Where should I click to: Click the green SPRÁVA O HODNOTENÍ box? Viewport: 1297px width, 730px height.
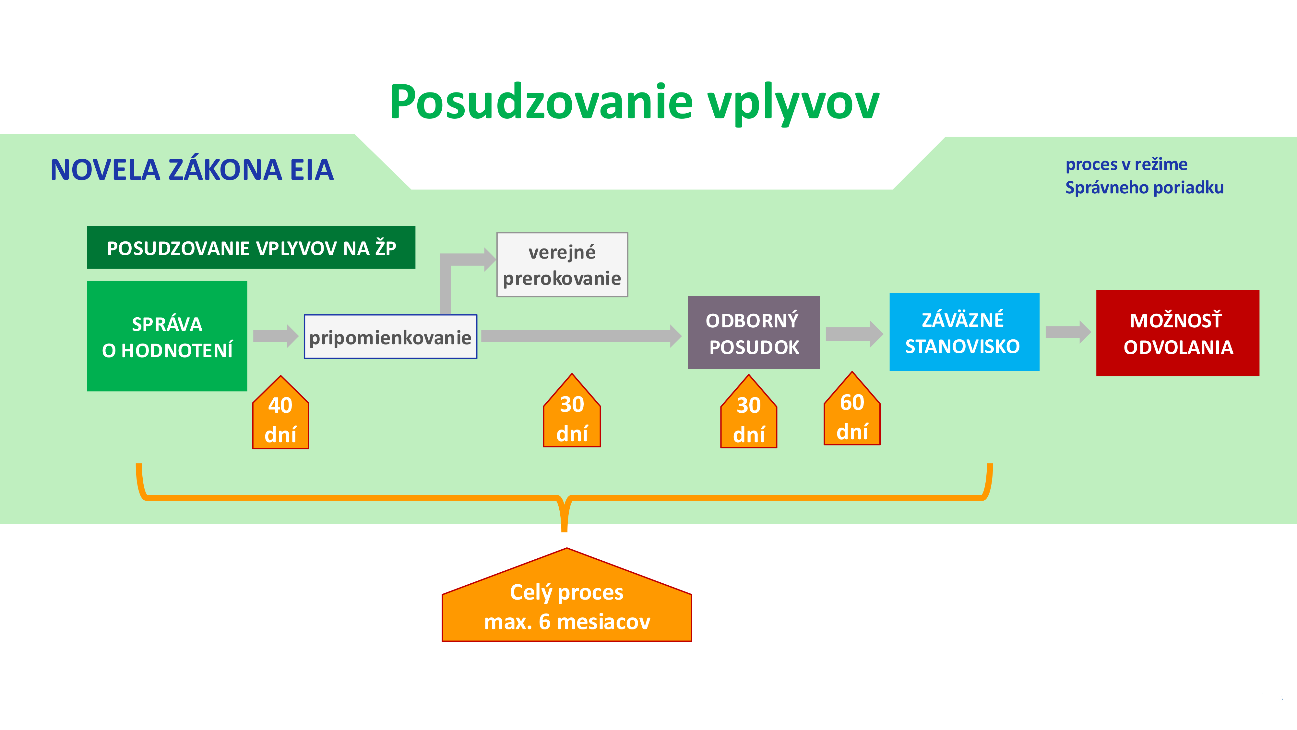coord(167,336)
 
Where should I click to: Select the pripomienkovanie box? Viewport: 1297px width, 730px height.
coord(390,336)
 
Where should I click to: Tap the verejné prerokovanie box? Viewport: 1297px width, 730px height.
coord(562,264)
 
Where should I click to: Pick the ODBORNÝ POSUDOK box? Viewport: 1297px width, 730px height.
coord(754,333)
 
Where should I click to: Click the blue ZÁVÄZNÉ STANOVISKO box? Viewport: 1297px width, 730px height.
coord(964,332)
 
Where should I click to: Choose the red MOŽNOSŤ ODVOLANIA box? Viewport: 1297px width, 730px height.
coord(1178,333)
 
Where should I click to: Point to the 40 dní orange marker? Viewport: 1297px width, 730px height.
coord(280,412)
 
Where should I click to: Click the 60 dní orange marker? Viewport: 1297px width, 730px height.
coord(852,408)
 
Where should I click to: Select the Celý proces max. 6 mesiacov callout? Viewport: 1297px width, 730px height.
coord(567,595)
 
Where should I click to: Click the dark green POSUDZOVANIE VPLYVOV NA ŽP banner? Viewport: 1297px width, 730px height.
coord(251,247)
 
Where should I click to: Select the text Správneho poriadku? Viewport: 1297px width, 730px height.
coord(1145,188)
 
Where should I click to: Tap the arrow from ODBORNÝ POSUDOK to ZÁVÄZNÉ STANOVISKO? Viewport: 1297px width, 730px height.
coord(854,334)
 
